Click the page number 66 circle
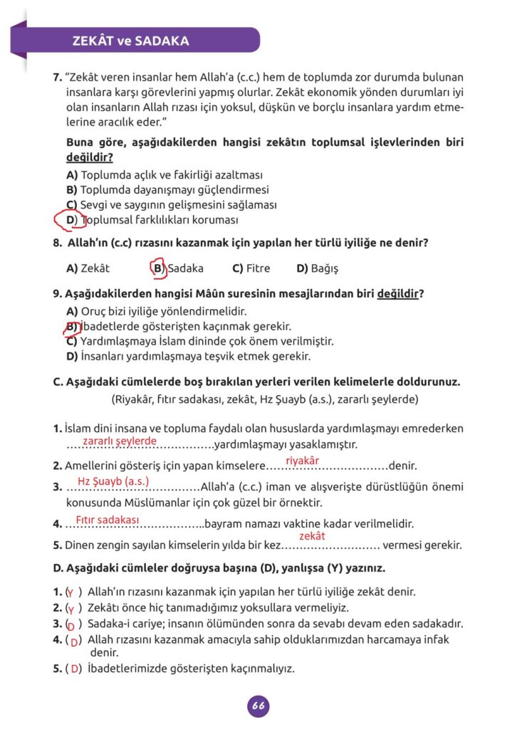[258, 706]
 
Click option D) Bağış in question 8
[317, 268]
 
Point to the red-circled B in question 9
[70, 327]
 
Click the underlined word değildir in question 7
[89, 157]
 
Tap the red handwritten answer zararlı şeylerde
[119, 441]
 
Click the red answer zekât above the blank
[312, 536]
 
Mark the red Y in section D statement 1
[70, 592]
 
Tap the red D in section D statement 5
[74, 668]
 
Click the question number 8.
[57, 243]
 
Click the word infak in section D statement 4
[434, 639]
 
